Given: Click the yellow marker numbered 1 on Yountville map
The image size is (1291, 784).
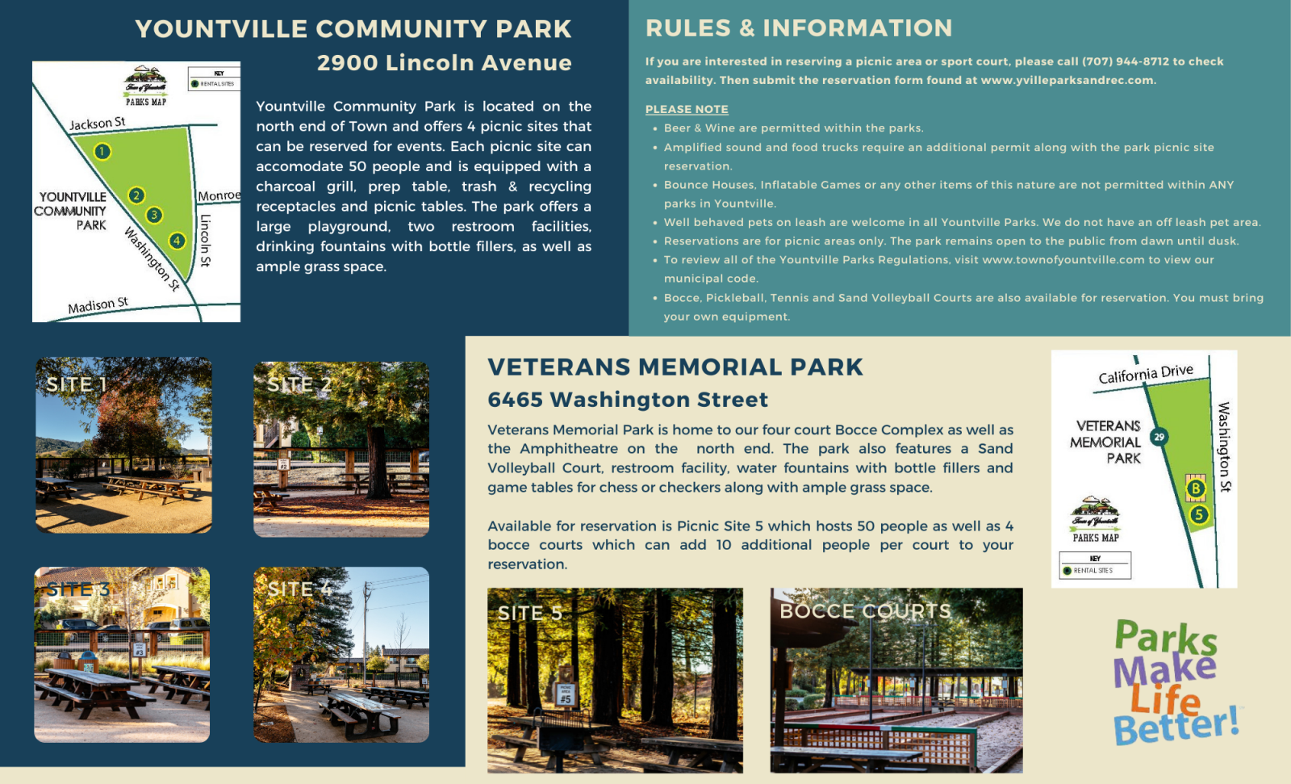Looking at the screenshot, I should point(102,151).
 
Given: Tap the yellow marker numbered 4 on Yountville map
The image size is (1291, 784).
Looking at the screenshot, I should point(177,240).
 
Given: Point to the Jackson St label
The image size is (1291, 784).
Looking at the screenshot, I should point(97,124).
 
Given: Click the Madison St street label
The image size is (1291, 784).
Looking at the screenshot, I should point(98,305).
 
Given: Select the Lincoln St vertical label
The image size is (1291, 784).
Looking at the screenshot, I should point(206,241).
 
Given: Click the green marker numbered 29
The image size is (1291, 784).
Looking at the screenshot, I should point(1159,437).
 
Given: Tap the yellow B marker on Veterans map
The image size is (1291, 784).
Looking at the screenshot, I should point(1196,488).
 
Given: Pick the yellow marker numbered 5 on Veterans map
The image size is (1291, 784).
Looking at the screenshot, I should point(1199,514).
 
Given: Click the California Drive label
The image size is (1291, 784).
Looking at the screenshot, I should point(1145,375).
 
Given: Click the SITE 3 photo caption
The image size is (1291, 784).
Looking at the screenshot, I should point(77,589).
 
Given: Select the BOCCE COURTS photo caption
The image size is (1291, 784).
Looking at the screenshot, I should point(865,611).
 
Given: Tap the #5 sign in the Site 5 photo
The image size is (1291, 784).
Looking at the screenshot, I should point(566,695).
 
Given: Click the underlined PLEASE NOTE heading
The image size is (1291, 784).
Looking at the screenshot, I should point(687,109).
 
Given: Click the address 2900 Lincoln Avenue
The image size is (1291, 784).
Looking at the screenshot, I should point(444,63).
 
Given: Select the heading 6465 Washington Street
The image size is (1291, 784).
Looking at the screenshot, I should point(628,400).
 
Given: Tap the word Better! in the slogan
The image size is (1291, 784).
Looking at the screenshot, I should point(1176,725).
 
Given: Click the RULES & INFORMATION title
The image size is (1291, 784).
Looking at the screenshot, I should point(798,28).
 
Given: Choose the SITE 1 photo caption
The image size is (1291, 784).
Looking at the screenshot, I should point(76,384).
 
